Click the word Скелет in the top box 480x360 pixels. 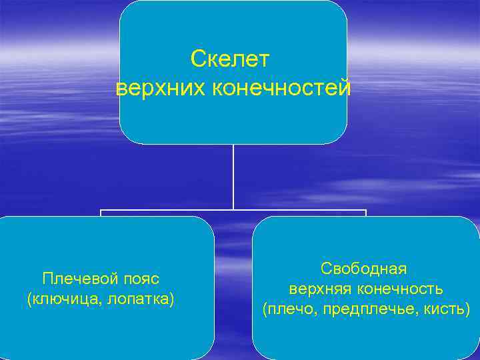tap(229, 59)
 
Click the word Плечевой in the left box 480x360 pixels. tap(73, 277)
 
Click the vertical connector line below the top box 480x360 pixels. tap(233, 177)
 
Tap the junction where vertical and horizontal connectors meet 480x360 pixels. tap(233, 211)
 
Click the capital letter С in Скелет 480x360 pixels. tap(197, 59)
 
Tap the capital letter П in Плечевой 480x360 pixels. tap(47, 277)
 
